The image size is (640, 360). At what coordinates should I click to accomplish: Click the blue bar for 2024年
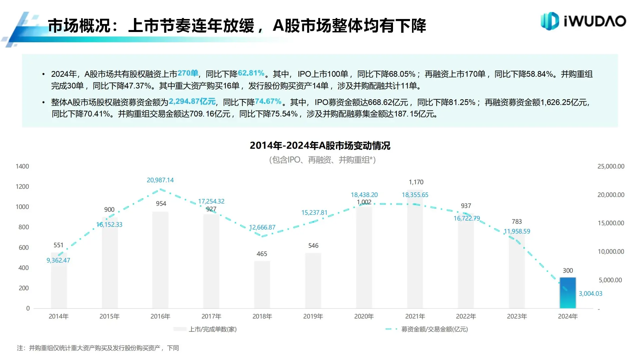tap(567, 293)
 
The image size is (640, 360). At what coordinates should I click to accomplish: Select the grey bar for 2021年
tap(415, 250)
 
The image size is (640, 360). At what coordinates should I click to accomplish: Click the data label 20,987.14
tap(160, 180)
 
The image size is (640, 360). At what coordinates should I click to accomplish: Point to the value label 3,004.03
tap(590, 294)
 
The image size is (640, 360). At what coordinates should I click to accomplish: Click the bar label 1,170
tap(416, 182)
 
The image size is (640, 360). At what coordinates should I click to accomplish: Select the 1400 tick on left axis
tap(22, 166)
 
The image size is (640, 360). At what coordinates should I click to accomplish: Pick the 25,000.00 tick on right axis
tap(611, 166)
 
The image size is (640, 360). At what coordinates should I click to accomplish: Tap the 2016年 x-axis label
tap(160, 316)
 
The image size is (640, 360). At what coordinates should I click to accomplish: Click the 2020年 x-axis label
tap(364, 316)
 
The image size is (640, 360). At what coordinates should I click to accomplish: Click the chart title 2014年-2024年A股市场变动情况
tap(320, 146)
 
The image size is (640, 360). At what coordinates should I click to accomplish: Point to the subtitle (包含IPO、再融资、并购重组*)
tap(322, 160)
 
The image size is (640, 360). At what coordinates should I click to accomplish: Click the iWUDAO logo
tap(583, 21)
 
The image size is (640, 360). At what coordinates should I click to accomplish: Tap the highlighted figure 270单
tap(188, 73)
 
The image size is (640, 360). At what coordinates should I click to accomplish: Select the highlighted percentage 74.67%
tap(268, 101)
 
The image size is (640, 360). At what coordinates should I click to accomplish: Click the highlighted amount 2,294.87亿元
tap(192, 101)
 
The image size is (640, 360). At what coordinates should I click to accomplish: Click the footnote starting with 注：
tap(98, 348)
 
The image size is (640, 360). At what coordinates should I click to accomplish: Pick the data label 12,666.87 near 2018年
tap(262, 227)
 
